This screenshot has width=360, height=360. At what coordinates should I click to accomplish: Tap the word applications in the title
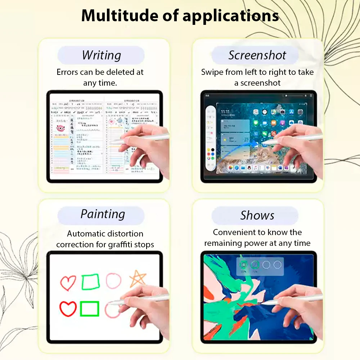click(230, 16)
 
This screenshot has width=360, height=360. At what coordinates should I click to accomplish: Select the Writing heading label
click(101, 55)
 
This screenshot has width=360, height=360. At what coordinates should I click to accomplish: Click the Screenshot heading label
click(257, 55)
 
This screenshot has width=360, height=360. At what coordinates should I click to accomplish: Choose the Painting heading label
click(103, 214)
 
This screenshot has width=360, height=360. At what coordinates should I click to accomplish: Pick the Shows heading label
click(257, 216)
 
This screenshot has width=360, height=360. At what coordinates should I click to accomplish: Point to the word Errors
click(67, 72)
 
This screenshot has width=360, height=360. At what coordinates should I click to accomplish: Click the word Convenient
click(234, 232)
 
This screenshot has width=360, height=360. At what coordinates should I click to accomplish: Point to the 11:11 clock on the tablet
click(225, 112)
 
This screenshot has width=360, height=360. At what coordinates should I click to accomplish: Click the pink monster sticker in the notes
click(61, 128)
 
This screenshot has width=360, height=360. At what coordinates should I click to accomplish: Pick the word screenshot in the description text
click(260, 83)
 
